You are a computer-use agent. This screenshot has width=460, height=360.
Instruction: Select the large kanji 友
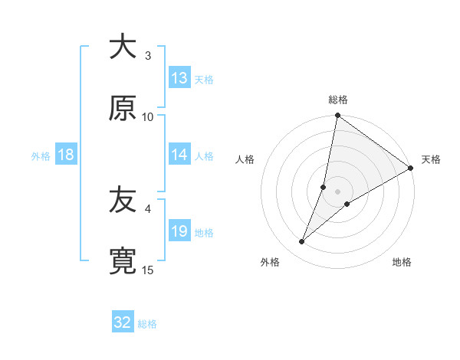pyautogui.click(x=123, y=201)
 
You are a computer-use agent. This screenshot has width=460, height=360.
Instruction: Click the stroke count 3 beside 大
pyautogui.click(x=148, y=55)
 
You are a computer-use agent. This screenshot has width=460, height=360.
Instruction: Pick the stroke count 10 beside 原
pyautogui.click(x=148, y=116)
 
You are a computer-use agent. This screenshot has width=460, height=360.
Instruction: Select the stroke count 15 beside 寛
pyautogui.click(x=148, y=270)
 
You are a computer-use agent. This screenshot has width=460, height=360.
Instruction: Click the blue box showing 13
pyautogui.click(x=179, y=78)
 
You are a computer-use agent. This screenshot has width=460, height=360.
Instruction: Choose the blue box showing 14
pyautogui.click(x=179, y=155)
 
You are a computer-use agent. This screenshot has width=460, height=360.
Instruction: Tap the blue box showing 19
pyautogui.click(x=179, y=231)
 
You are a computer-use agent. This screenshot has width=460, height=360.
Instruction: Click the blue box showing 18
pyautogui.click(x=66, y=155)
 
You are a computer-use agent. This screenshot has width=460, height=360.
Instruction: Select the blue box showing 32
pyautogui.click(x=123, y=322)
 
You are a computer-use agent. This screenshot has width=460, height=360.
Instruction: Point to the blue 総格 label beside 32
pyautogui.click(x=147, y=324)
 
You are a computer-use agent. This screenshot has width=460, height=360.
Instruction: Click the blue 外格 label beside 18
pyautogui.click(x=41, y=155)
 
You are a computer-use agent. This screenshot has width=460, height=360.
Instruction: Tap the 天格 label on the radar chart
pyautogui.click(x=431, y=159)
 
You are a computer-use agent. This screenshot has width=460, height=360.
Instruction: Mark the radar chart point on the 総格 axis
pyautogui.click(x=337, y=116)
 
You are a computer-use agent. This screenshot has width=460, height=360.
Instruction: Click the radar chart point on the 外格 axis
pyautogui.click(x=302, y=242)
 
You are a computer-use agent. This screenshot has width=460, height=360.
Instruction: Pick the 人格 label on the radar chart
pyautogui.click(x=245, y=159)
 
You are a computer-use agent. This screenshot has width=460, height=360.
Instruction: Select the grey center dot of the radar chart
pyautogui.click(x=337, y=191)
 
